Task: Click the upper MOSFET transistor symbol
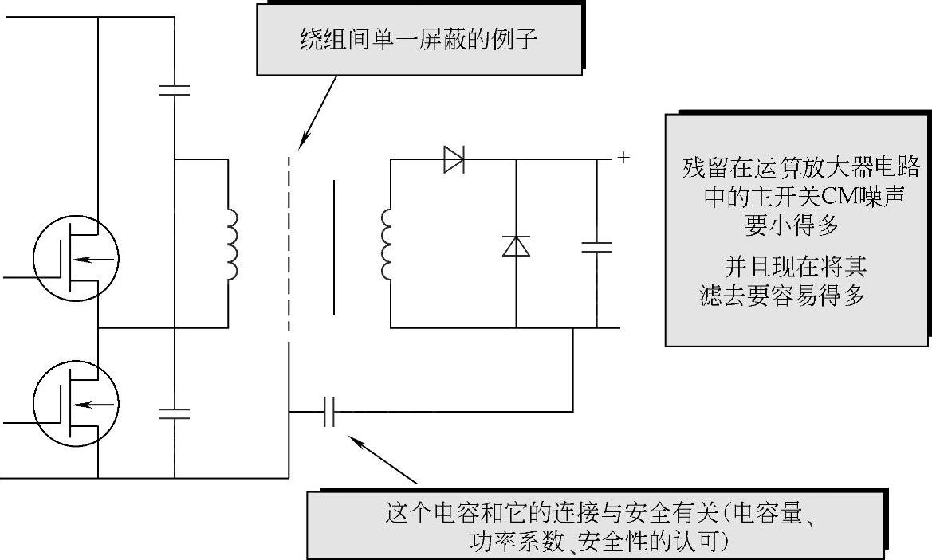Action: click(x=75, y=258)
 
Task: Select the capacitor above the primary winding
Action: click(x=174, y=89)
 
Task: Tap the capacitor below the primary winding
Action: click(x=174, y=413)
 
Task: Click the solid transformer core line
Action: click(x=332, y=249)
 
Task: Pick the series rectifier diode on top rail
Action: click(x=454, y=160)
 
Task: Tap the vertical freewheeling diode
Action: click(x=516, y=246)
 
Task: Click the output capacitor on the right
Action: click(x=596, y=247)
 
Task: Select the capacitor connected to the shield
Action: click(x=329, y=412)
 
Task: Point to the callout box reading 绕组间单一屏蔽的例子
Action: click(x=418, y=38)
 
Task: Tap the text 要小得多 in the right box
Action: click(x=792, y=225)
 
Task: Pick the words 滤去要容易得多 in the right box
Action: click(x=781, y=296)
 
